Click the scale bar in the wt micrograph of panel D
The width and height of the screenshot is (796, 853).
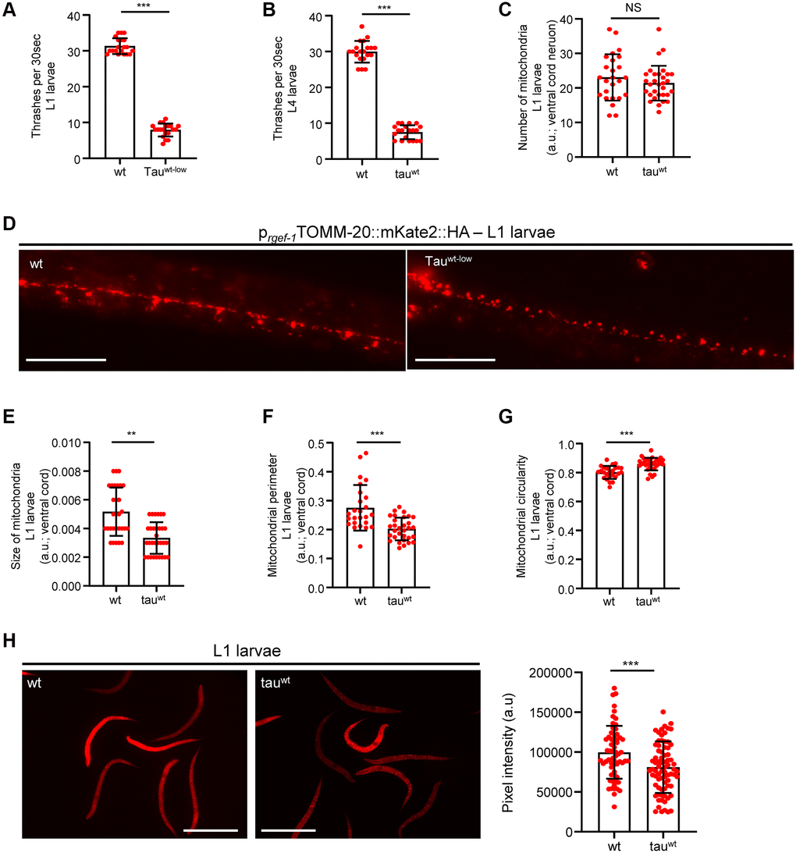tap(65, 360)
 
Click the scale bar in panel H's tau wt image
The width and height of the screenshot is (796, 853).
tap(289, 830)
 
